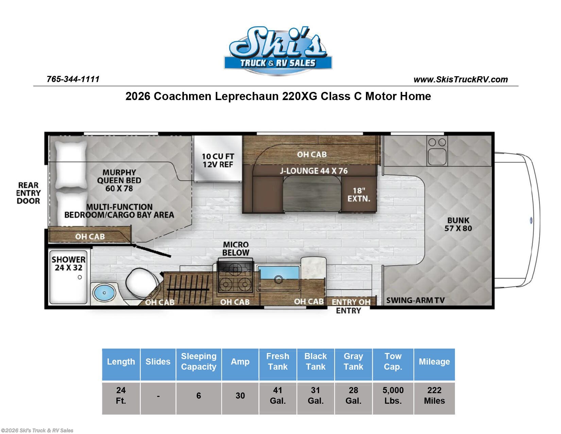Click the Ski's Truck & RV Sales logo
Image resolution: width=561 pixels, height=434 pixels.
[277, 51]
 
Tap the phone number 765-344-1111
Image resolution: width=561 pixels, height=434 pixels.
[73, 79]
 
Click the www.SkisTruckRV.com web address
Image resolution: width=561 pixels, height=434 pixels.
[460, 80]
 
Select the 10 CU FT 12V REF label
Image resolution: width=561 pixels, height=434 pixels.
[218, 160]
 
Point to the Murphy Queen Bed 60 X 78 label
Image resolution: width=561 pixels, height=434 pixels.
[119, 180]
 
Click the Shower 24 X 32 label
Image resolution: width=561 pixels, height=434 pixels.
[68, 263]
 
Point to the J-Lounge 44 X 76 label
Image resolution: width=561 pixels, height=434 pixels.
[313, 171]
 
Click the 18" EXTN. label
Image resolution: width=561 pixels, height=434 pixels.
[358, 195]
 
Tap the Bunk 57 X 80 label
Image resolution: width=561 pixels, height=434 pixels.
[458, 224]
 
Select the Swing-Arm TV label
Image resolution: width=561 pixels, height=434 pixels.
[415, 301]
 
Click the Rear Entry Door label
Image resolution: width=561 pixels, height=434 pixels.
[28, 193]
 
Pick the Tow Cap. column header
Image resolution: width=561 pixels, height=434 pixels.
[393, 361]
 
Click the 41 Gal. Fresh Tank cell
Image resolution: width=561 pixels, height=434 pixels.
[277, 396]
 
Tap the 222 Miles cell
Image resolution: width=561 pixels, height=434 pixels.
[434, 396]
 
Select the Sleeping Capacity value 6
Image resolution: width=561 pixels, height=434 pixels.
[199, 396]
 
